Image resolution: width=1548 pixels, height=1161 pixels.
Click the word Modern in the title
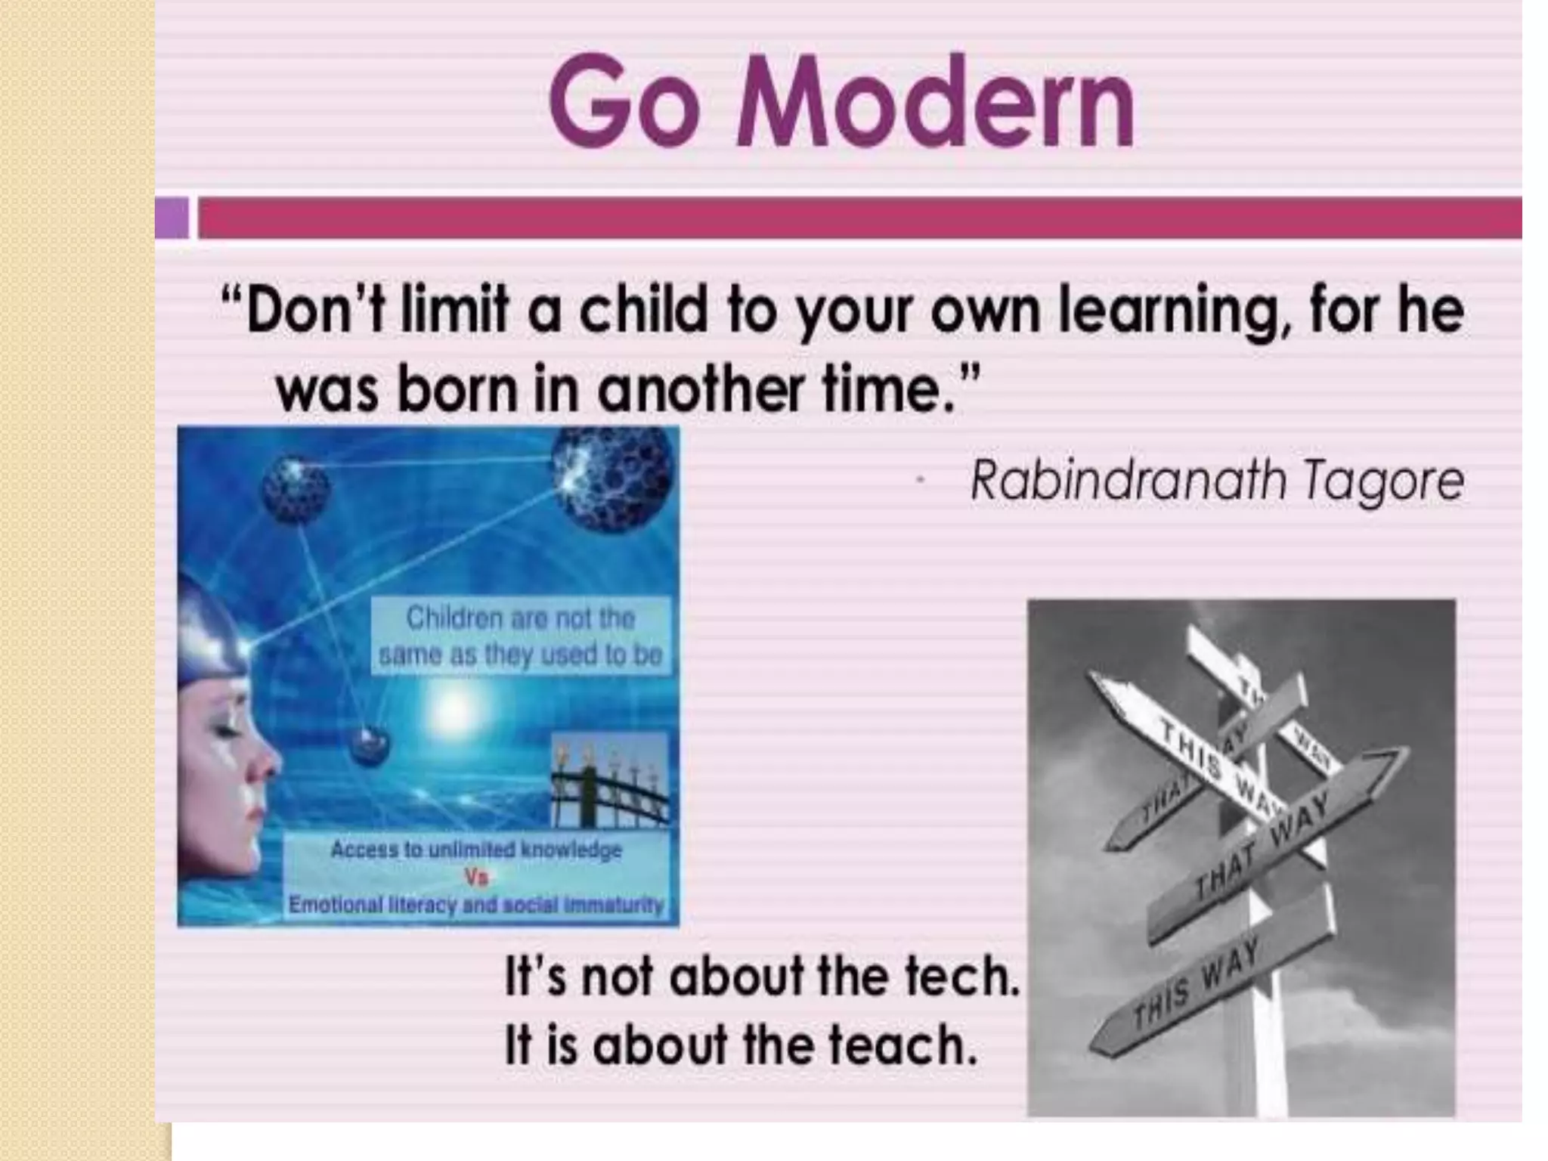[936, 101]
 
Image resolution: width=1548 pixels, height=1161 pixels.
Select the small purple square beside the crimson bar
[172, 218]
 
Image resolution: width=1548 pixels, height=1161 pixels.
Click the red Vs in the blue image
[477, 877]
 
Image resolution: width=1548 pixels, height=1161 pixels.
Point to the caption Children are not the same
[520, 636]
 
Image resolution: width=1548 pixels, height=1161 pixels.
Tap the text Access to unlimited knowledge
[476, 850]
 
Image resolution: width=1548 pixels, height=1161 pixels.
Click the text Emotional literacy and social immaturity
[476, 905]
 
